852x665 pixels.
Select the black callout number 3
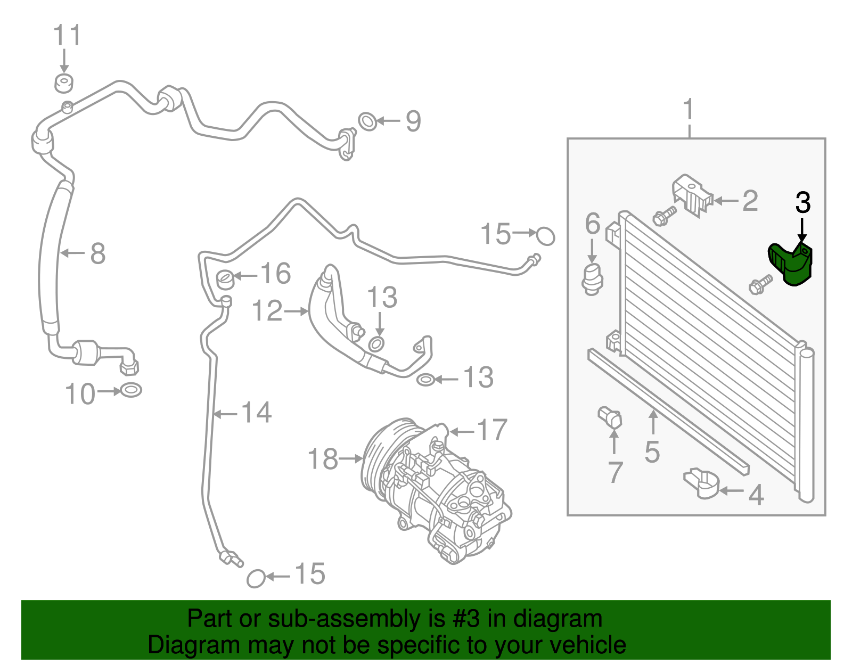point(802,203)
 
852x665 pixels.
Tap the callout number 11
point(67,36)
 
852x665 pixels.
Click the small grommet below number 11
point(64,83)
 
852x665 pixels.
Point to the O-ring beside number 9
point(367,121)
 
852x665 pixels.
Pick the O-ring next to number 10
point(130,390)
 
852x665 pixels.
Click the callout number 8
point(97,253)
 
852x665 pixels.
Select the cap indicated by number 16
point(226,277)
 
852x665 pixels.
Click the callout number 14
point(256,413)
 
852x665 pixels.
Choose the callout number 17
point(491,430)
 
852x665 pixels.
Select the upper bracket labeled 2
point(691,195)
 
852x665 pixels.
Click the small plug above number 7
point(610,417)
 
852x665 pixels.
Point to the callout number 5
point(652,452)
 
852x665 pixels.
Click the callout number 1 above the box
point(689,109)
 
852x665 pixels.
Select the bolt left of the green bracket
point(760,283)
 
